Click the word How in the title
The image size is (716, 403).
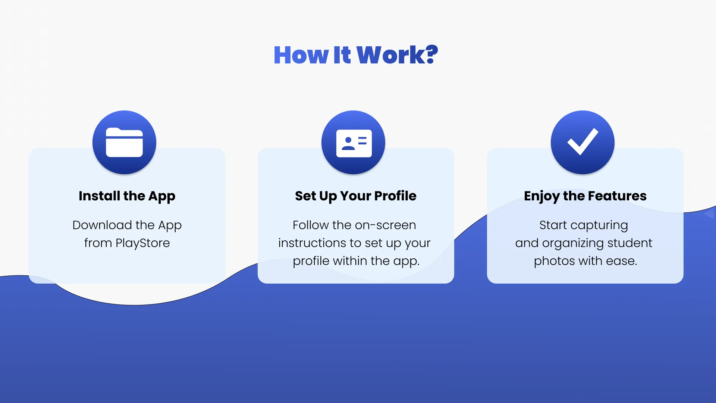pos(301,55)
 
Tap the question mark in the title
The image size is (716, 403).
pos(431,54)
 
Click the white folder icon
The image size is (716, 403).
pos(124,142)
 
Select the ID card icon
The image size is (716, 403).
pos(354,143)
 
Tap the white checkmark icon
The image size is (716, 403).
pos(582,141)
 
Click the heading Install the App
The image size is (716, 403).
pos(127,196)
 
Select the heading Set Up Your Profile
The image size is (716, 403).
pos(355,196)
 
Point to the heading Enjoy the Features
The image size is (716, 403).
pos(585,196)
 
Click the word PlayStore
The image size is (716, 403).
pos(143,243)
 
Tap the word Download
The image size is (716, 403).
pos(102,225)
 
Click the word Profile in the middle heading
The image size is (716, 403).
pos(395,196)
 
